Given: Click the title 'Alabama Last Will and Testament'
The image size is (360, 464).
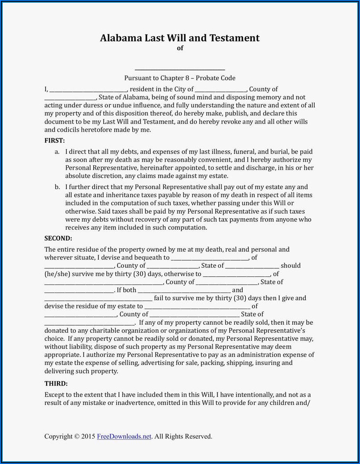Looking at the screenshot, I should (180, 38).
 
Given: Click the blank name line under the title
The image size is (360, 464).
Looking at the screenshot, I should (180, 68).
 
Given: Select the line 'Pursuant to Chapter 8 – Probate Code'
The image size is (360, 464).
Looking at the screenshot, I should (180, 78).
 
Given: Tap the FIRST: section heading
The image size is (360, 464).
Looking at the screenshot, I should (55, 140).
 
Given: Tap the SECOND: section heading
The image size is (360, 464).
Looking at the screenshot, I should (58, 238).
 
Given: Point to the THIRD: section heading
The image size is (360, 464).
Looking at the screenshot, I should (56, 383).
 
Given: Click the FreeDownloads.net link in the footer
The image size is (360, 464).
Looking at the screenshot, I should (124, 436).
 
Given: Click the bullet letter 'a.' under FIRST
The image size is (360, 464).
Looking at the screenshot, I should (57, 152).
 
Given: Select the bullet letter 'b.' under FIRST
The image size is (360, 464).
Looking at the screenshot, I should (57, 187).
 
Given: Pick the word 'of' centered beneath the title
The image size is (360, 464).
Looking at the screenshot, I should (180, 48).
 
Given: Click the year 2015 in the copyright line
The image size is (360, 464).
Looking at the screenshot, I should (88, 436).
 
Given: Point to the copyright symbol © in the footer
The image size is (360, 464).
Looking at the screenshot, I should (77, 436).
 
